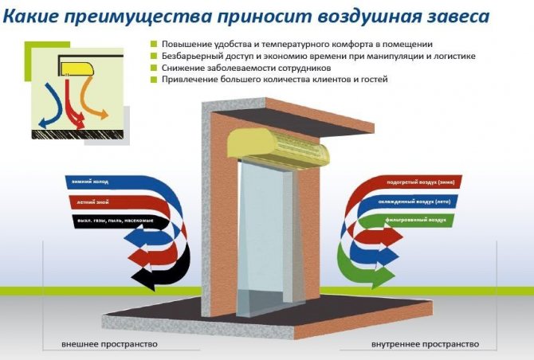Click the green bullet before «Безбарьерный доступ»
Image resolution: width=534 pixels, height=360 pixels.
tap(153, 57)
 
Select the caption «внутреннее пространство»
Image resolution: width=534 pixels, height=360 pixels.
tap(426, 344)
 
